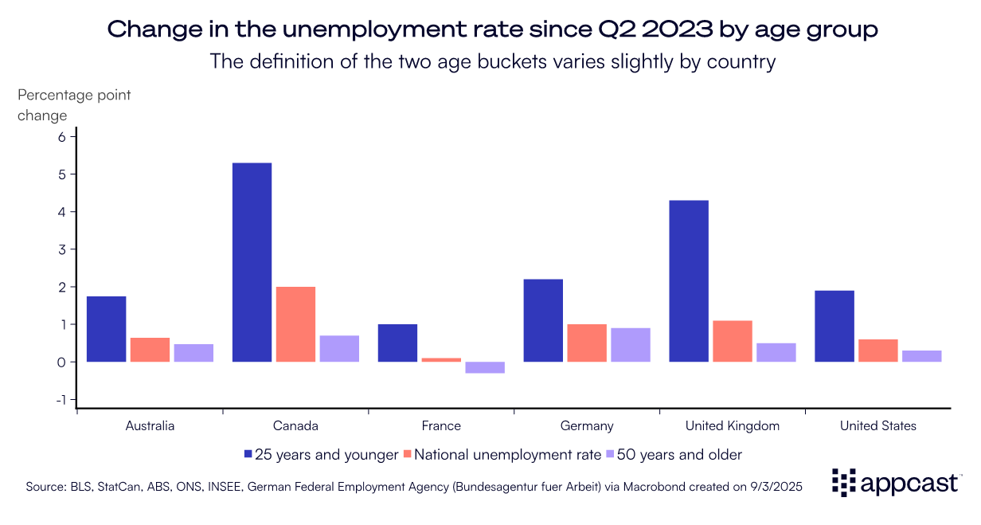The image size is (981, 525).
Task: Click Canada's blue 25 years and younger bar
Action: point(252,262)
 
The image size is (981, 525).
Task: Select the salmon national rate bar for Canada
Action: point(295,324)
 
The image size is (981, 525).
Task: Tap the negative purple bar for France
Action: point(485,367)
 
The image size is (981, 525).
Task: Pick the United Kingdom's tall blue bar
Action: point(689,281)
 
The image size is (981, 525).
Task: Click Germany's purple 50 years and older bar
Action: point(631,345)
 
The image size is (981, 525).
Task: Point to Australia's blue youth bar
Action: point(106,329)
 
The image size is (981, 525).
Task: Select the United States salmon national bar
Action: point(878,351)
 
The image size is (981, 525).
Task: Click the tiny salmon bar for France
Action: point(441,360)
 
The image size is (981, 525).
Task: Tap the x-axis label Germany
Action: point(587,425)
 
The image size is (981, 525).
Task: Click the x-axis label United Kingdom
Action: point(733,425)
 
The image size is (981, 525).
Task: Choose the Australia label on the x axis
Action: point(150,425)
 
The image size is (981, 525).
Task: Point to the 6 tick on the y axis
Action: point(63,136)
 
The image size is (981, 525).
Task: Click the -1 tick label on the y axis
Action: point(61,400)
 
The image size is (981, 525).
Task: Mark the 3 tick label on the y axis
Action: point(63,249)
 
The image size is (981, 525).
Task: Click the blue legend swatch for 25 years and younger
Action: point(248,455)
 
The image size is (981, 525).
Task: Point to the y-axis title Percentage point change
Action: point(74,105)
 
